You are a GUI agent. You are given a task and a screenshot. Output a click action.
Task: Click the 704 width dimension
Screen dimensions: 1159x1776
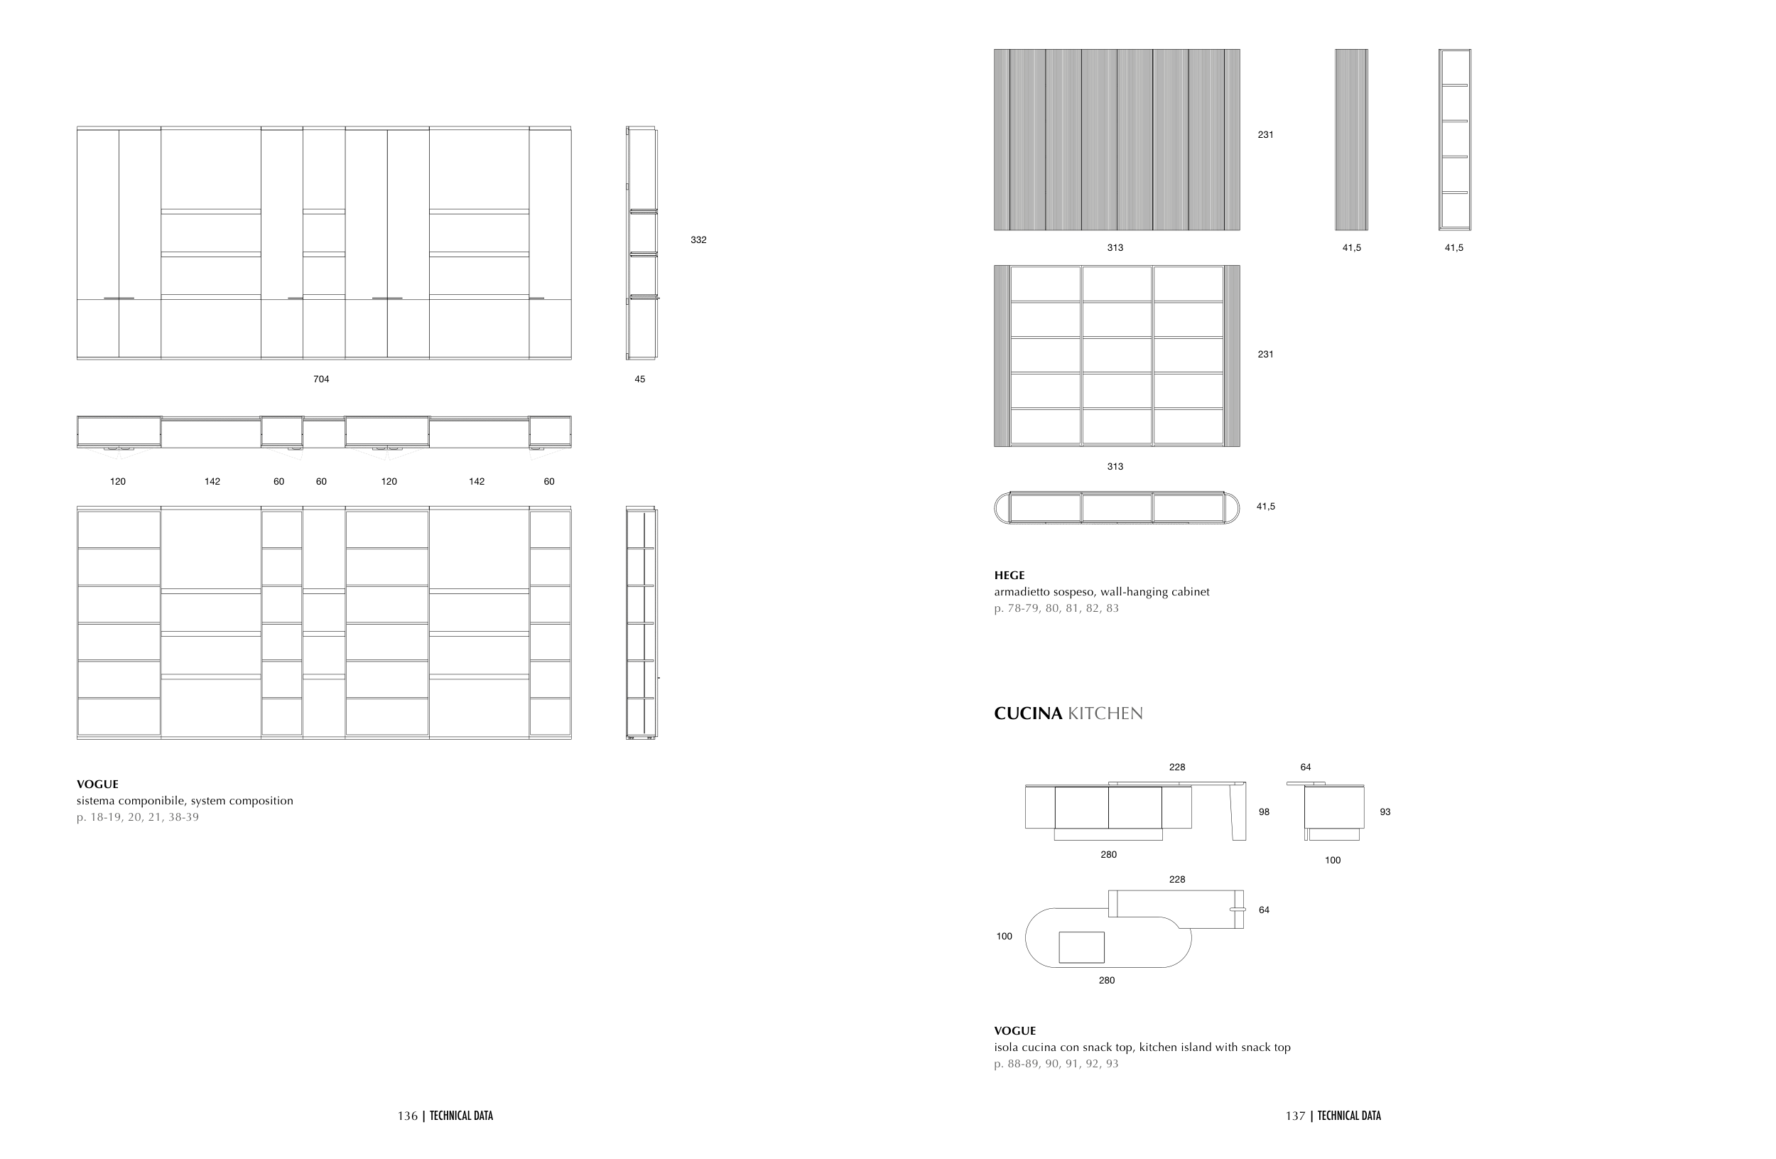pyautogui.click(x=321, y=379)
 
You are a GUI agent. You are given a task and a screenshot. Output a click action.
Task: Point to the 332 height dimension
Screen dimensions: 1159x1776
pyautogui.click(x=698, y=239)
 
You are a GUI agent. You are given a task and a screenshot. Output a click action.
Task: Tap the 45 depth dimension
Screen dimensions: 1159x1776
pyautogui.click(x=639, y=379)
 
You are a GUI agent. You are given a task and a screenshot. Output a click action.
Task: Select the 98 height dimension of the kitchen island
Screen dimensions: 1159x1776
pyautogui.click(x=1264, y=812)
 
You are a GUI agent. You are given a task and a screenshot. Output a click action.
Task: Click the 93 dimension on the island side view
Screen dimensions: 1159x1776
pyautogui.click(x=1385, y=812)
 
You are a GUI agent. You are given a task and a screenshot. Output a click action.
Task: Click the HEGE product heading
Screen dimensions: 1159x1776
pyautogui.click(x=1009, y=576)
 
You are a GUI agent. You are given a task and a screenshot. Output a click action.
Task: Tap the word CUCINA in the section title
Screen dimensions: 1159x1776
pyautogui.click(x=1027, y=713)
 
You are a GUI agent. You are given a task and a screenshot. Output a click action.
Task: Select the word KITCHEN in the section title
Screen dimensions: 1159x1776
pyautogui.click(x=1105, y=713)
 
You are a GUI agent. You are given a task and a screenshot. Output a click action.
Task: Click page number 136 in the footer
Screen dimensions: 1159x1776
pyautogui.click(x=408, y=1116)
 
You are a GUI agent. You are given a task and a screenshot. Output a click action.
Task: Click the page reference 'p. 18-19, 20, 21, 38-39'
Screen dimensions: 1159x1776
pyautogui.click(x=137, y=817)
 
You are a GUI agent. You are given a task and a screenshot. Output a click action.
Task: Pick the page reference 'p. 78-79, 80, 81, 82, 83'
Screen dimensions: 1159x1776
pyautogui.click(x=1056, y=608)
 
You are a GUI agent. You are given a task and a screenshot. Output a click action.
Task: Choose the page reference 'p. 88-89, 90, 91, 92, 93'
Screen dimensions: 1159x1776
pyautogui.click(x=1056, y=1064)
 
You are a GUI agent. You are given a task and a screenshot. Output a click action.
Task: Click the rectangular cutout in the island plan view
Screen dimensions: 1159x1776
pyautogui.click(x=1081, y=947)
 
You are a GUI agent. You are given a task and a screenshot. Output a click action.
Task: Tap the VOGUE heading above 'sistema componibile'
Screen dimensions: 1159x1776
pyautogui.click(x=97, y=785)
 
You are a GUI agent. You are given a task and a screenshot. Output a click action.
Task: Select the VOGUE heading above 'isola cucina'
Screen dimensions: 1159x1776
pyautogui.click(x=1015, y=1030)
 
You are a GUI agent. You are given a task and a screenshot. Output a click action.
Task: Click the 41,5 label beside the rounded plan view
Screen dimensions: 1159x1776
pyautogui.click(x=1266, y=506)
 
